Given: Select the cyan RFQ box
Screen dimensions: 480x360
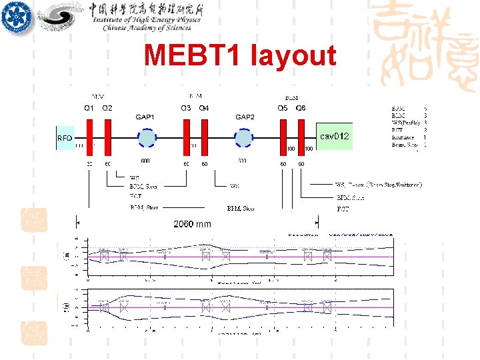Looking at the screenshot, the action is [x=65, y=138].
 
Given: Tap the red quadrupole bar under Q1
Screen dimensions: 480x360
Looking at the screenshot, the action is [x=89, y=137].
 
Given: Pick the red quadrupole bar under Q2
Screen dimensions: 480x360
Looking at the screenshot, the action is [x=107, y=137].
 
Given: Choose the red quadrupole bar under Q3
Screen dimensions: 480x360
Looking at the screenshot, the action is [x=187, y=137].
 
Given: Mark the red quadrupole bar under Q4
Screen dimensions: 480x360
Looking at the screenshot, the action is [x=204, y=137].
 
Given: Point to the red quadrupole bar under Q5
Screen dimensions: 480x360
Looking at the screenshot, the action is [x=283, y=137].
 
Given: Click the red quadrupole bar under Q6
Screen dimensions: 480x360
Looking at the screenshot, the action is [x=301, y=137].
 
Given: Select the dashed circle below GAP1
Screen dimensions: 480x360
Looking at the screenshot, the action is [x=145, y=138].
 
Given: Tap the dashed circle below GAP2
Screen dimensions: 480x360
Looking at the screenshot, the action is [x=243, y=138].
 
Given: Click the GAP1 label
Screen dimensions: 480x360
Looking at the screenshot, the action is [x=145, y=117].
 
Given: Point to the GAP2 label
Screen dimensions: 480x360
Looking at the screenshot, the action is [x=245, y=117].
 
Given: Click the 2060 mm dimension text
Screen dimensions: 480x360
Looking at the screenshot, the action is [x=192, y=224].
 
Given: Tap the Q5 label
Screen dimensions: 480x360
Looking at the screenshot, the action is [x=283, y=108].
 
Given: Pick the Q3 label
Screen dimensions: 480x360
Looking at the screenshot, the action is [x=186, y=108].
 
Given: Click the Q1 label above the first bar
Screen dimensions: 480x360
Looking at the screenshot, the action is [x=89, y=108].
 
